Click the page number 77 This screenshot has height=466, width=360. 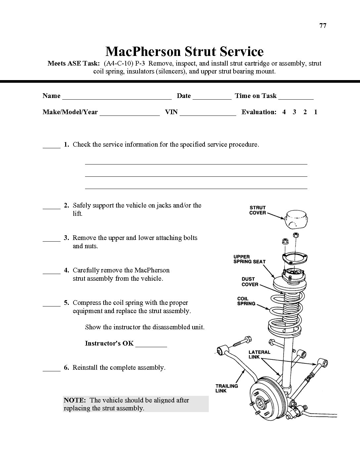point(323,26)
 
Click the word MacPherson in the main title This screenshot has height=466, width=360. point(143,51)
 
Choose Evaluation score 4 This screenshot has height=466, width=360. point(284,112)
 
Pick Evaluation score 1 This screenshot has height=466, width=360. point(316,112)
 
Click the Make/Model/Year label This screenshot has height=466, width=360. point(70,112)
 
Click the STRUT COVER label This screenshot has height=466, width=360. point(258,210)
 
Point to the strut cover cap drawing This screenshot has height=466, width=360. point(296,219)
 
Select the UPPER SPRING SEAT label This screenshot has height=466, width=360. point(249,259)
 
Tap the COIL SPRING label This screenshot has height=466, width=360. point(246,301)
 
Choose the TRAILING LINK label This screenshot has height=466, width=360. point(227,388)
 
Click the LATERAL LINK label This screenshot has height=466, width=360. point(259,354)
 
